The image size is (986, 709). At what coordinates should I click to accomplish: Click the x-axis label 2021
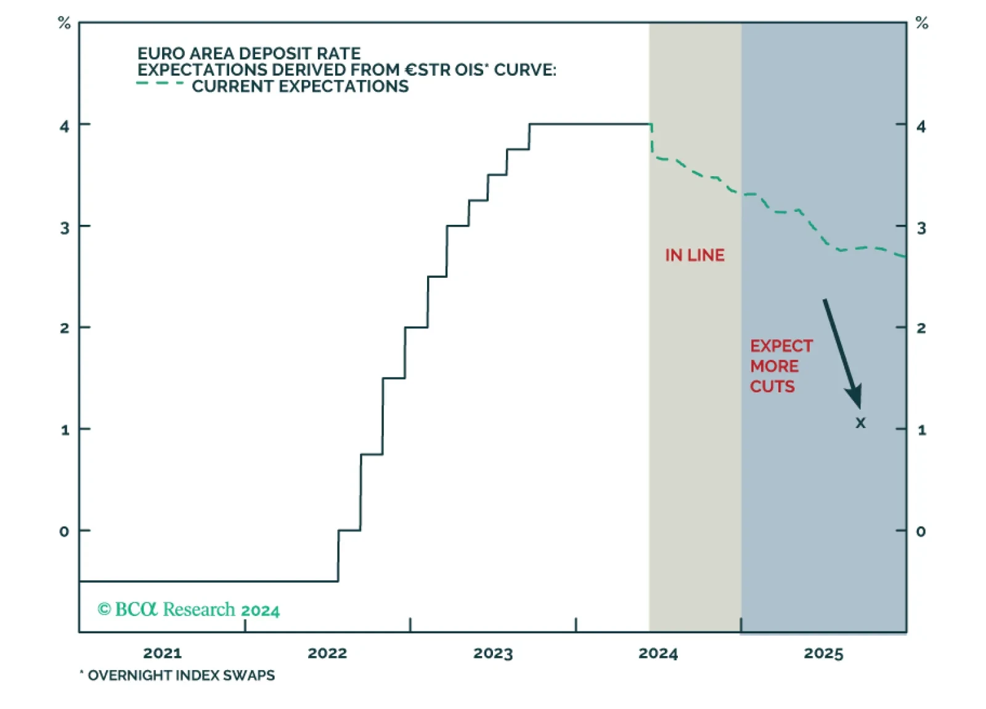162,653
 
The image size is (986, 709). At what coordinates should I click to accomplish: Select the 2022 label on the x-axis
327,653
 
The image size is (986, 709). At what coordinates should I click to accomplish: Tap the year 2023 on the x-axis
492,653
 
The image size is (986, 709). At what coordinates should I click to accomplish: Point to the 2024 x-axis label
658,653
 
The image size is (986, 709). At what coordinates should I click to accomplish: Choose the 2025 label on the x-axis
823,653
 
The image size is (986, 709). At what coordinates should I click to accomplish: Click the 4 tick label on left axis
64,126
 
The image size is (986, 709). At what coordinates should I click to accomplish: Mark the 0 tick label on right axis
921,531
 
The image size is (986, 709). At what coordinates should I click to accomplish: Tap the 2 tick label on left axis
64,328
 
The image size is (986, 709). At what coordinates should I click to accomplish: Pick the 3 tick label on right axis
921,228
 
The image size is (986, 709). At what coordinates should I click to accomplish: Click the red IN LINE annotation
695,255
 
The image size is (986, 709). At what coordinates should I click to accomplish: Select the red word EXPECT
781,346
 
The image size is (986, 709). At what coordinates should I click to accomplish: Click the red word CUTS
772,386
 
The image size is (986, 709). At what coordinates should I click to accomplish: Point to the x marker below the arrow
860,423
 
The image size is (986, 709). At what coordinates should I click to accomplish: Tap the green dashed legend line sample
160,83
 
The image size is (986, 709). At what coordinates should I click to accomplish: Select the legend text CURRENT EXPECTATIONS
300,86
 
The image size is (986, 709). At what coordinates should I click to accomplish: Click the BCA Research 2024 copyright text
189,610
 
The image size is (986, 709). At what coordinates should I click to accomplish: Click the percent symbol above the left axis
64,23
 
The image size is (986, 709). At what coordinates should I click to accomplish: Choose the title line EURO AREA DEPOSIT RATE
249,54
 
